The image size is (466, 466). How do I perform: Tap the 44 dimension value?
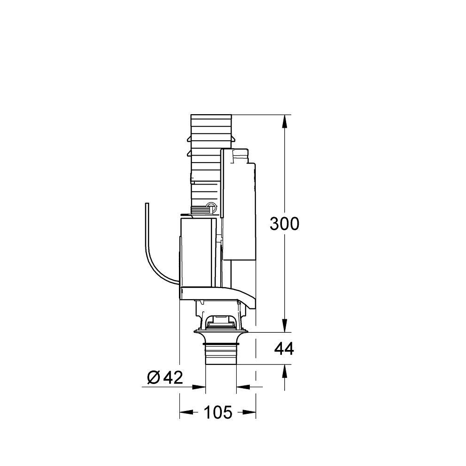coord(284,348)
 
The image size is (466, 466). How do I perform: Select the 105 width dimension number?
coord(218,412)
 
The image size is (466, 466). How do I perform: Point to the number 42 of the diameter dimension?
coord(172,377)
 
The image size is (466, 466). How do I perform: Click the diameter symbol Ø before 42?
coord(154,377)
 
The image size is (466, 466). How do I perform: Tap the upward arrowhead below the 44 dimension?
coord(284,370)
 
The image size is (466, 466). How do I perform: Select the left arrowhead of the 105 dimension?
coord(185,412)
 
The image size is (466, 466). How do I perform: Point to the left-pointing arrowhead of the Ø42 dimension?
coord(242,386)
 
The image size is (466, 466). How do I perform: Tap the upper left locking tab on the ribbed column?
coord(188,139)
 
